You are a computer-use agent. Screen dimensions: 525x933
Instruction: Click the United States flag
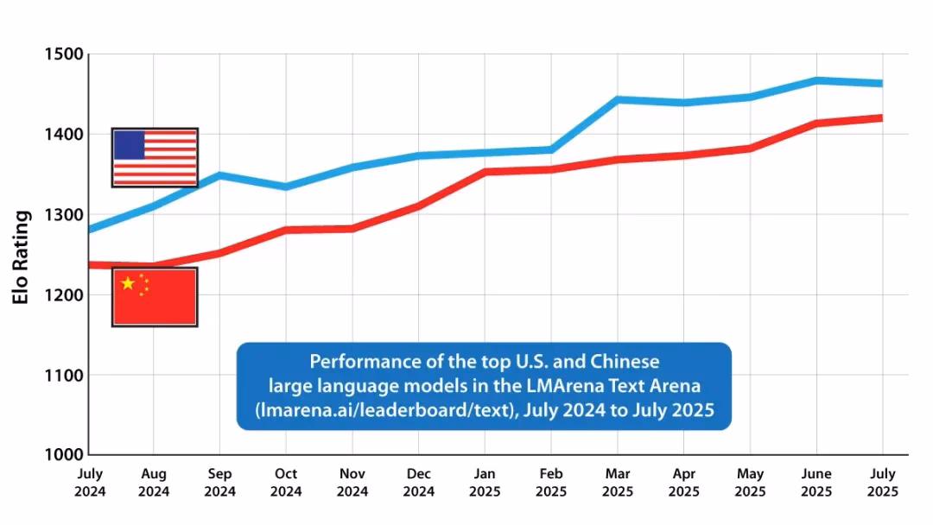155,157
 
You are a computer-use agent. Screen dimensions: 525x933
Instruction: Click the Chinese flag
155,296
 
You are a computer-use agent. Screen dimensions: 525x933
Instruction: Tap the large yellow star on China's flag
129,283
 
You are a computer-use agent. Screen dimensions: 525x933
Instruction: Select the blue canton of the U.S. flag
130,145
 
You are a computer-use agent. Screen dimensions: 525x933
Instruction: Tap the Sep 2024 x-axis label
219,483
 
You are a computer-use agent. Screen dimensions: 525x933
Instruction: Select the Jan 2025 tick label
485,483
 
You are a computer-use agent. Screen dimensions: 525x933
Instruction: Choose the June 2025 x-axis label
816,483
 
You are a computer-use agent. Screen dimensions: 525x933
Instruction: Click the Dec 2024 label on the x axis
418,483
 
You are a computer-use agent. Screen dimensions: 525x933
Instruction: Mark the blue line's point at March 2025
618,99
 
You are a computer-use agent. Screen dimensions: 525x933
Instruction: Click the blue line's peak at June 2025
816,80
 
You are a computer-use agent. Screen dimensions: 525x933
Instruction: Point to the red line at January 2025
485,172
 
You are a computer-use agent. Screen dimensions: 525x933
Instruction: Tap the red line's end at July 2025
880,117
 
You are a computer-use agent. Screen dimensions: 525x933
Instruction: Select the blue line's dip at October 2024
286,187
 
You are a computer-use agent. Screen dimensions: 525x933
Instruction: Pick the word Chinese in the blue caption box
631,361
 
